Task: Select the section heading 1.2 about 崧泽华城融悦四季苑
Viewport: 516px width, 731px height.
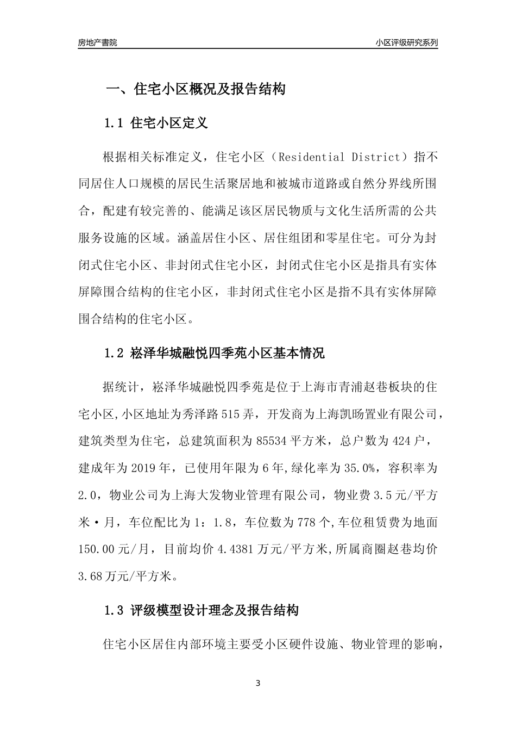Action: coord(214,354)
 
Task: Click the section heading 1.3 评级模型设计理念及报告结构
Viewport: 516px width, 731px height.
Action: coord(201,611)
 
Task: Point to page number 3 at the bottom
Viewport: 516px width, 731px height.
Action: coord(258,683)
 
